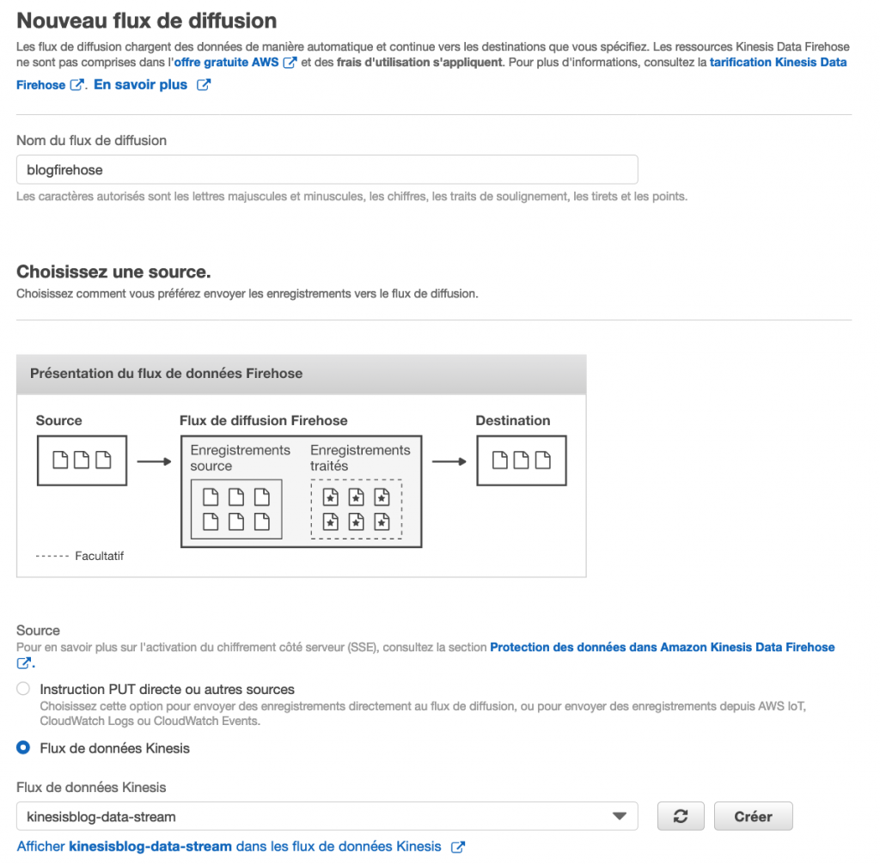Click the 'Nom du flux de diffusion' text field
tap(327, 170)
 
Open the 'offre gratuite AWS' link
tap(227, 63)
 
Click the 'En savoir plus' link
tap(140, 85)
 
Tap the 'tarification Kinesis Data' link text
tap(778, 63)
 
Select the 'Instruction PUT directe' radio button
tap(23, 689)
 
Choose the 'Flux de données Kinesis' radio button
tap(23, 748)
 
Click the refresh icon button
tap(681, 817)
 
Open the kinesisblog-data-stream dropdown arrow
tap(618, 817)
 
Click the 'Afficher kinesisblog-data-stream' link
tap(229, 846)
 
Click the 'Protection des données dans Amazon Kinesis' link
tap(662, 647)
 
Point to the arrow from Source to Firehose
tap(154, 461)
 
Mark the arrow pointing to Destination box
tap(449, 461)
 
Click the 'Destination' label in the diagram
tap(513, 421)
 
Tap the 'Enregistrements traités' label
tap(360, 458)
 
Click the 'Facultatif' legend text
tap(99, 556)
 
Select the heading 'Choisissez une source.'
tap(113, 272)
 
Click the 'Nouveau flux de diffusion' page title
tap(147, 21)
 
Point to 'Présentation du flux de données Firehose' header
tap(166, 374)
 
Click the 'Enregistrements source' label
tap(240, 458)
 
